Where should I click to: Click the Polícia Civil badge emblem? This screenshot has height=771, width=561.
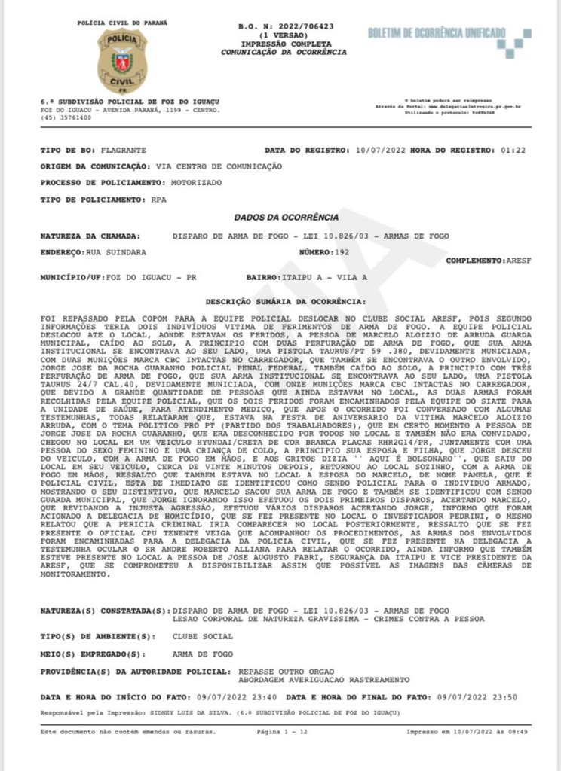[121, 61]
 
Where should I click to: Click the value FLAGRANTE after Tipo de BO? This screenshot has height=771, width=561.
[125, 151]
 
